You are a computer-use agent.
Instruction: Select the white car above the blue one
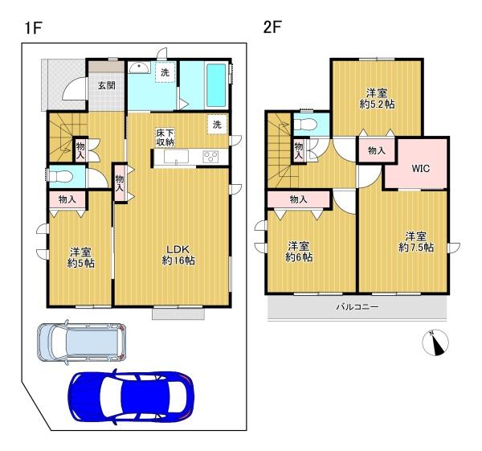pyautogui.click(x=81, y=342)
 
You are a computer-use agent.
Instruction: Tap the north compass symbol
pyautogui.click(x=435, y=342)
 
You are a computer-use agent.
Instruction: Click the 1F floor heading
pyautogui.click(x=33, y=28)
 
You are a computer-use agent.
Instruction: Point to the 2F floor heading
pyautogui.click(x=272, y=27)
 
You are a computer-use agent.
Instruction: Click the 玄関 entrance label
pyautogui.click(x=107, y=85)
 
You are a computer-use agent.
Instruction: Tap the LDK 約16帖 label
pyautogui.click(x=178, y=255)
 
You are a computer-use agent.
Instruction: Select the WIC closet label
pyautogui.click(x=420, y=168)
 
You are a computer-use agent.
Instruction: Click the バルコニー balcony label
pyautogui.click(x=357, y=307)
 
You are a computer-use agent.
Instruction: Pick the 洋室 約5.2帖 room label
pyautogui.click(x=377, y=98)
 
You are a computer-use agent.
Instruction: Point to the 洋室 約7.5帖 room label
pyautogui.click(x=416, y=242)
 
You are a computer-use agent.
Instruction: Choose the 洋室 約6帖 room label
pyautogui.click(x=299, y=252)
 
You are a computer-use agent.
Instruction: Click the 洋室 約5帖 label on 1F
pyautogui.click(x=80, y=258)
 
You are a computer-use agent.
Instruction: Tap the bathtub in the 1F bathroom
pyautogui.click(x=216, y=85)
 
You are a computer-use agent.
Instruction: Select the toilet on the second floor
pyautogui.click(x=305, y=125)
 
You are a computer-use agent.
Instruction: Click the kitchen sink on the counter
pyautogui.click(x=175, y=157)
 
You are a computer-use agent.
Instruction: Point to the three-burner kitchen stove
pyautogui.click(x=210, y=156)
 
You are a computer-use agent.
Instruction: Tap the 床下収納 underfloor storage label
pyautogui.click(x=165, y=137)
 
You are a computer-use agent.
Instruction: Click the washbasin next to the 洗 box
pyautogui.click(x=139, y=68)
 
